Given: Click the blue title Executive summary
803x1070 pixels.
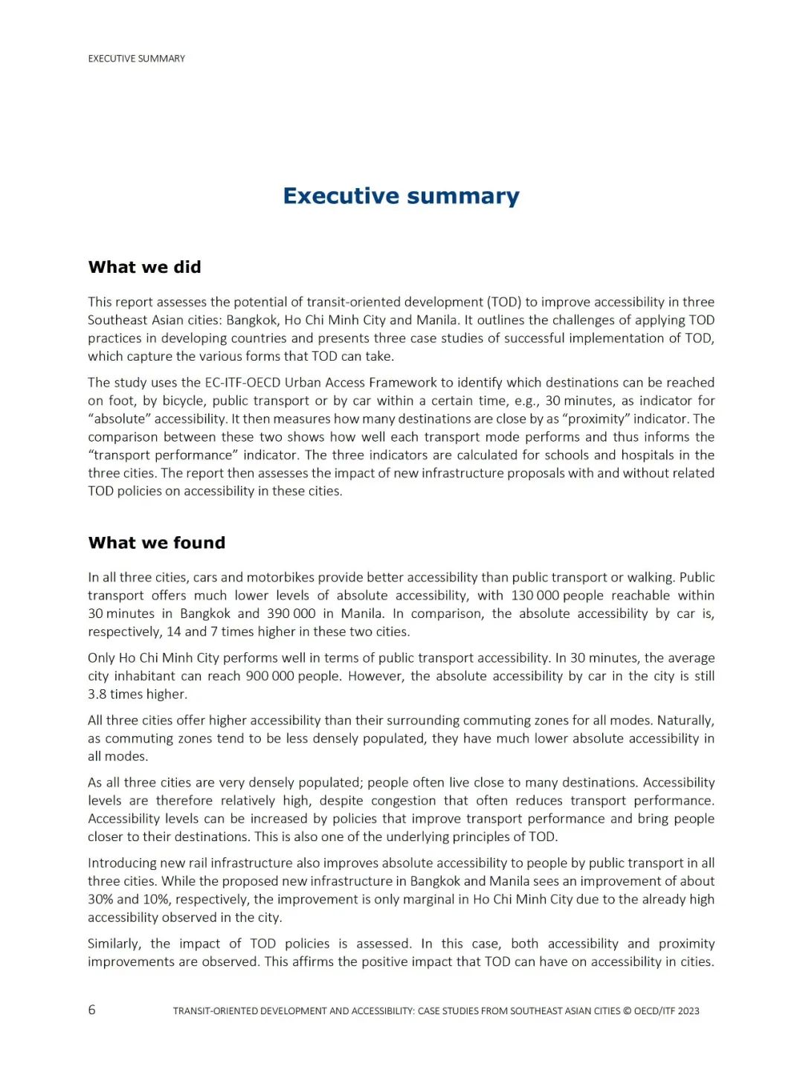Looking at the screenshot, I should [x=401, y=196].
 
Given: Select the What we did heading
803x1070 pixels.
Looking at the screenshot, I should [x=144, y=267].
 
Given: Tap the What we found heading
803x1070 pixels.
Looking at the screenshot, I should [x=156, y=543].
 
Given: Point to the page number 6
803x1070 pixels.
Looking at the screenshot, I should [x=92, y=1010].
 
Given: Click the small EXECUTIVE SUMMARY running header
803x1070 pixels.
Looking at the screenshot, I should [x=136, y=59].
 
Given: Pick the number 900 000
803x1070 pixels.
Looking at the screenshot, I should [x=270, y=676].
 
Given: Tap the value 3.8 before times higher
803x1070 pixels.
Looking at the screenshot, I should [x=97, y=694].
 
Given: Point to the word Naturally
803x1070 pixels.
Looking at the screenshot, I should [x=686, y=721].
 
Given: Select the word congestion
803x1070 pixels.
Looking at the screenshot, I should [x=403, y=801].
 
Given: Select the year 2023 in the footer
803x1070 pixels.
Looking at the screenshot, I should [x=688, y=1011].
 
